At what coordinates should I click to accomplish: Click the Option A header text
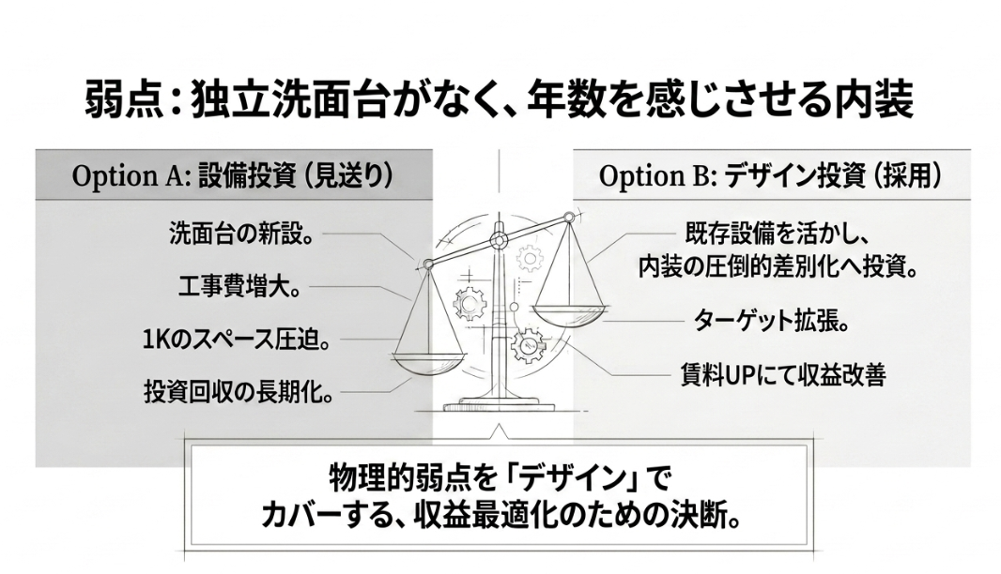point(233,176)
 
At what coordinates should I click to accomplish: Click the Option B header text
point(770,176)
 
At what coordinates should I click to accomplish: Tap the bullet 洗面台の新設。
point(242,234)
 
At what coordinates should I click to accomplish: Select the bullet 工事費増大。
point(239,288)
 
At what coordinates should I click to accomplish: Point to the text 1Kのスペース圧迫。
point(237,340)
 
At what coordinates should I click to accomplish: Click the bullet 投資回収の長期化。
point(239,392)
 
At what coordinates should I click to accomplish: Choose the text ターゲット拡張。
point(771,320)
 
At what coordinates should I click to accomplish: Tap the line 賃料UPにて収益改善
point(783,375)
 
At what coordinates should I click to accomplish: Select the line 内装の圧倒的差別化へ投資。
point(778,266)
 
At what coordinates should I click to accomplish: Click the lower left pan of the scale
point(430,362)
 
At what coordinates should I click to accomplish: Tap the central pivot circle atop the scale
point(498,241)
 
